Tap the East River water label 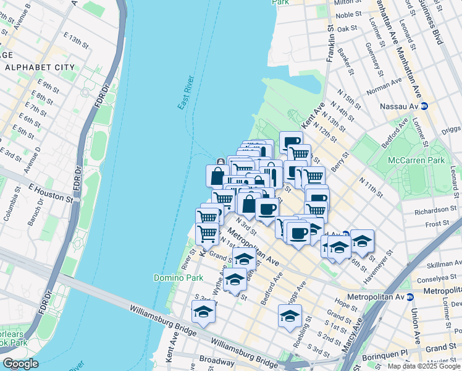click(x=186, y=93)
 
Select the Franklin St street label click(x=330, y=43)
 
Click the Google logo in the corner click(x=20, y=364)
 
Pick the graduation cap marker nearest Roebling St click(x=290, y=315)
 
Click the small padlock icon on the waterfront click(x=220, y=162)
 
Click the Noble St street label click(x=348, y=14)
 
